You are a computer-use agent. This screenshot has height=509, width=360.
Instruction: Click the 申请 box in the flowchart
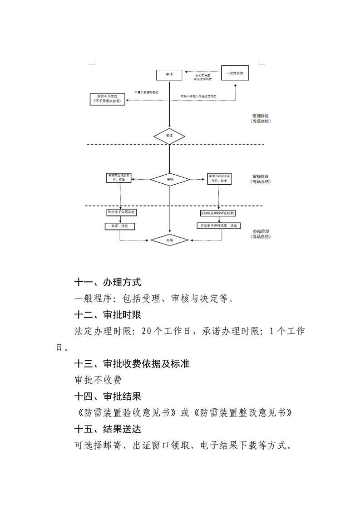click(x=169, y=74)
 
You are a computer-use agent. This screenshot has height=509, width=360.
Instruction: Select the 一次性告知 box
click(x=235, y=73)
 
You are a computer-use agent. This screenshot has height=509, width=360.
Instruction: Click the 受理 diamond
click(x=169, y=136)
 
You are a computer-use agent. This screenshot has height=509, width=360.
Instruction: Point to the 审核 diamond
click(x=169, y=180)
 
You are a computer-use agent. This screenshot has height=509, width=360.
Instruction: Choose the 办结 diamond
click(x=169, y=240)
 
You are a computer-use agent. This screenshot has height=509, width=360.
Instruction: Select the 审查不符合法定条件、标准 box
click(x=219, y=178)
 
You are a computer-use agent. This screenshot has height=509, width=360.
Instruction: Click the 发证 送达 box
click(x=119, y=225)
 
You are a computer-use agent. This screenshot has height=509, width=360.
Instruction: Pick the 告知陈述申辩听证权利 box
click(x=221, y=213)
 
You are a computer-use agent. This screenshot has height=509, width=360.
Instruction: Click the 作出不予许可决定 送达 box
click(x=217, y=225)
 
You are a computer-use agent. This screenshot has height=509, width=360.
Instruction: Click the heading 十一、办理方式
click(x=108, y=282)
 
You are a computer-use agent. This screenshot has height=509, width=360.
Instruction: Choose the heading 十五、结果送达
click(x=108, y=429)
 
